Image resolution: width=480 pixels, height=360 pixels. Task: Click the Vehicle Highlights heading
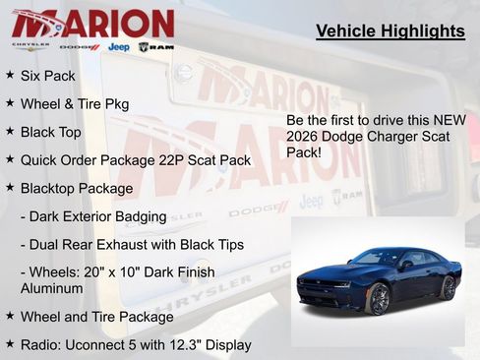click(x=390, y=31)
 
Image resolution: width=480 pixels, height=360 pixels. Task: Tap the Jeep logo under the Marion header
click(x=118, y=46)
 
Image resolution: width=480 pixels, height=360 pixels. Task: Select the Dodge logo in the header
click(x=79, y=46)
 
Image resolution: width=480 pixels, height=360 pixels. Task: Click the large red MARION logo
click(x=92, y=22)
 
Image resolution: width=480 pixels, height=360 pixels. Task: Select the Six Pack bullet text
click(x=47, y=76)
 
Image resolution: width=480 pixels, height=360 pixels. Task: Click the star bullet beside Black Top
click(x=10, y=131)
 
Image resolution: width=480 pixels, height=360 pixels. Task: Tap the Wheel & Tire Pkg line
click(x=74, y=103)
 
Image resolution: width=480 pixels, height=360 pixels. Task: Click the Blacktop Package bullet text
click(x=76, y=187)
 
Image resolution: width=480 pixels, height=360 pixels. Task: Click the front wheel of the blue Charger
click(x=379, y=299)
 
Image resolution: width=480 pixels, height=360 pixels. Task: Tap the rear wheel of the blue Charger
click(x=448, y=287)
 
